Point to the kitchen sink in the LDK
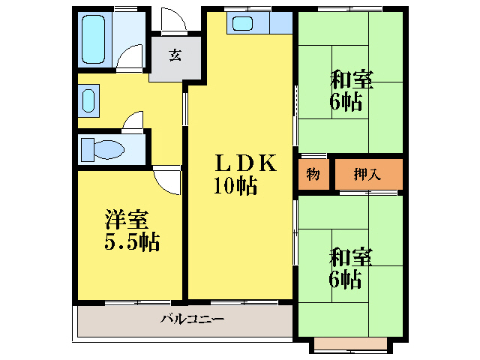click(x=243, y=22)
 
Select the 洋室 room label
click(x=126, y=220)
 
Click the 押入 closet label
click(x=368, y=175)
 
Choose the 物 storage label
click(x=313, y=175)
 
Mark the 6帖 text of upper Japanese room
click(x=346, y=101)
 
